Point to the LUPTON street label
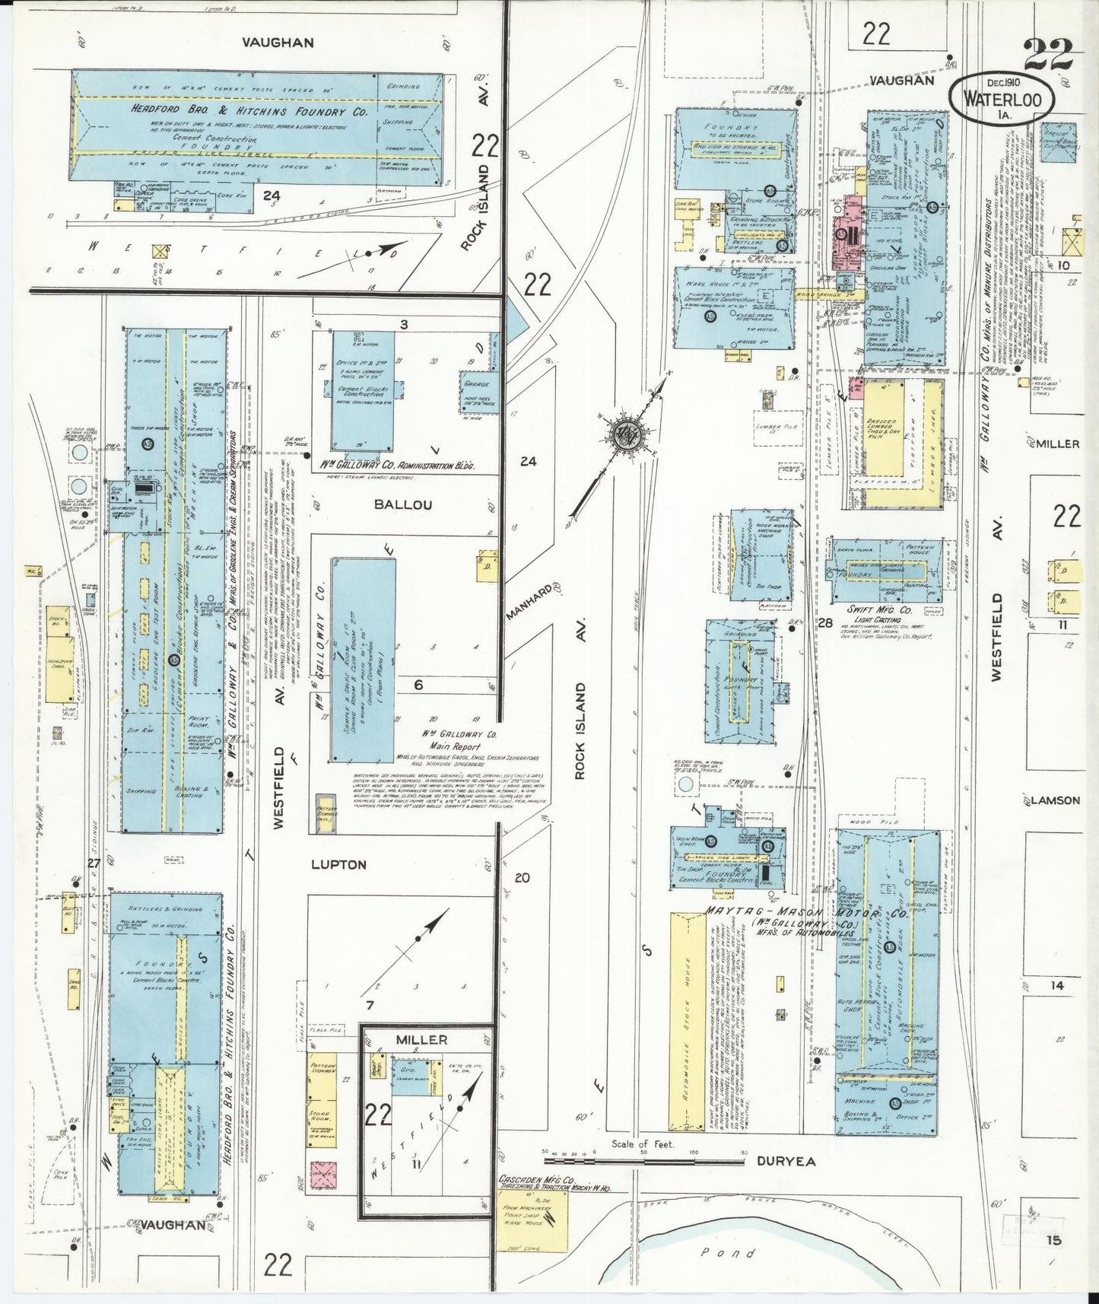pos(338,865)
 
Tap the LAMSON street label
pos(1056,800)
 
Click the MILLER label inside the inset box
pos(422,1040)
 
